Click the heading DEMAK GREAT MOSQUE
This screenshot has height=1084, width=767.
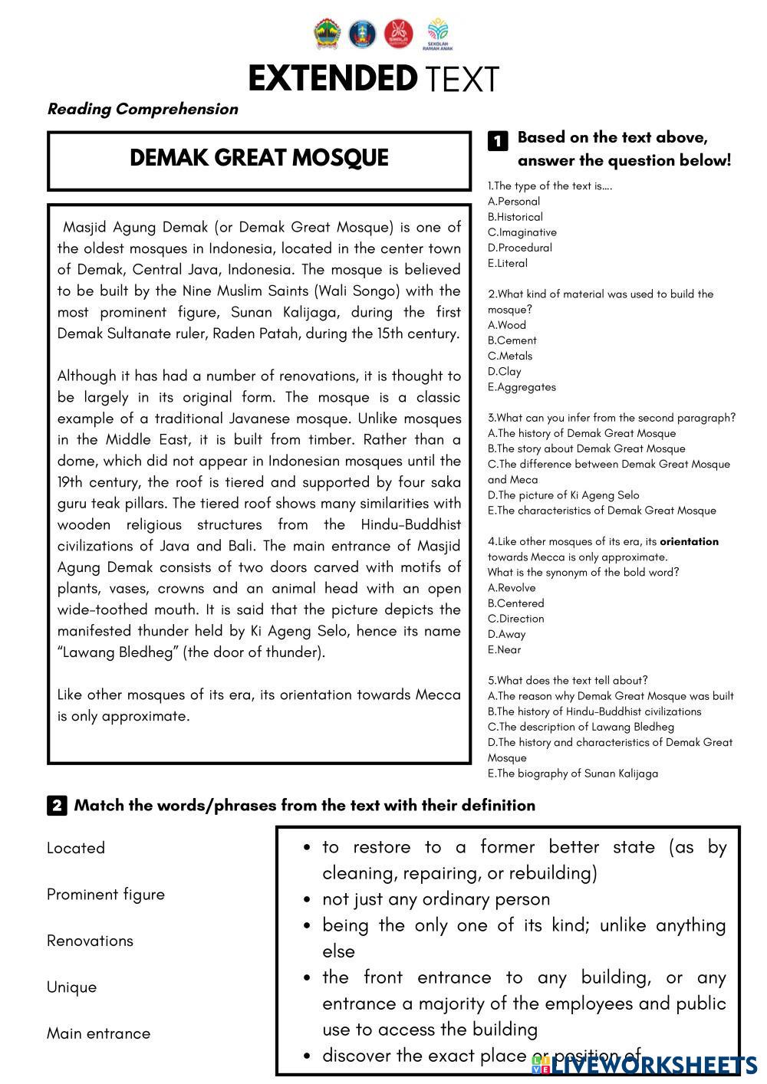[259, 158]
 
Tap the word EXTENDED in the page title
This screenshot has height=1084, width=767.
[331, 78]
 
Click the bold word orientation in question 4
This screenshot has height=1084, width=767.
[689, 541]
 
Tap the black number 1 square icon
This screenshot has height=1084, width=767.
[497, 140]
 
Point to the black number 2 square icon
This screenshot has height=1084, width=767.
[57, 806]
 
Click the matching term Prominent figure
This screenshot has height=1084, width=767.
[106, 895]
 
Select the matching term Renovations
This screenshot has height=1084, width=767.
[90, 941]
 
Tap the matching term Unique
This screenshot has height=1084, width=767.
[72, 987]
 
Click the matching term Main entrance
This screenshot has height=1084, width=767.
[98, 1033]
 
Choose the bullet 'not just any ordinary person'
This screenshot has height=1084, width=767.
[436, 899]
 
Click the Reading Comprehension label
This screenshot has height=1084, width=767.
[143, 109]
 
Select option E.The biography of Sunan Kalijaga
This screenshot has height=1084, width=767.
[573, 774]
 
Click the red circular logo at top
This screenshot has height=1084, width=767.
[398, 33]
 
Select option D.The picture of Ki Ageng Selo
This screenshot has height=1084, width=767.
[564, 495]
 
